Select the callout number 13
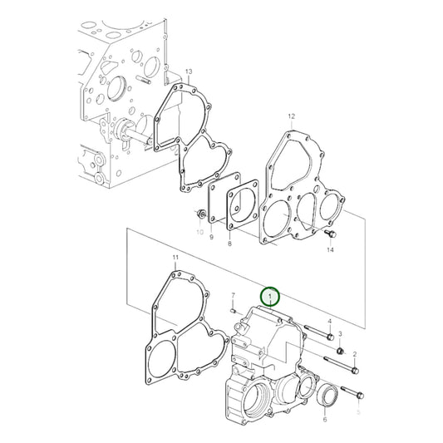[x=189, y=72]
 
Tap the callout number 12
[x=291, y=116]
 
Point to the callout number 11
[x=175, y=258]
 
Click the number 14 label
[x=330, y=249]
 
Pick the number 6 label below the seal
[x=324, y=421]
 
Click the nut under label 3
[x=340, y=351]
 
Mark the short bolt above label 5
[x=349, y=393]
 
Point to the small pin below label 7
[x=235, y=308]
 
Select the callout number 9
[x=211, y=238]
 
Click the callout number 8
[x=230, y=244]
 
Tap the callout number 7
[x=234, y=295]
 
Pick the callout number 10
[x=199, y=234]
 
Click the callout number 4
[x=329, y=322]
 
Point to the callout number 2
[x=355, y=355]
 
